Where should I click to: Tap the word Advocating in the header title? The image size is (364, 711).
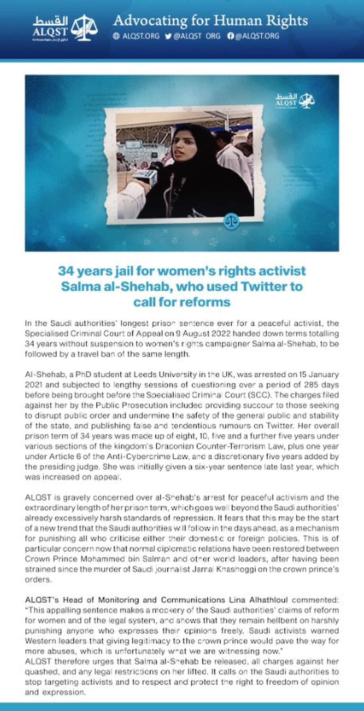144,21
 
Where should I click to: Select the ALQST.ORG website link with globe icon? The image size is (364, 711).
136,36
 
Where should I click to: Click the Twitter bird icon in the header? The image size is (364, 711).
168,36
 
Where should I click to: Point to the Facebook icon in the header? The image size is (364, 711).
231,36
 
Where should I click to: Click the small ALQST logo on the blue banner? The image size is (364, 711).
295,100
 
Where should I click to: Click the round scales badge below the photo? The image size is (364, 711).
231,221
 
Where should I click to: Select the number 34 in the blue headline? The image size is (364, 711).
66,271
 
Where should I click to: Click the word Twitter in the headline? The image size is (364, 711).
265,286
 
